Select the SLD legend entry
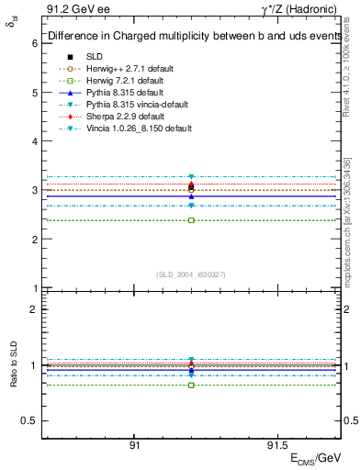point(95,57)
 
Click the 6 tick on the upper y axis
point(34,43)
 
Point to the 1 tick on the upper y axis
point(34,288)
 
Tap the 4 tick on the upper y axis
point(34,141)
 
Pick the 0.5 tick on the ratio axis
point(30,420)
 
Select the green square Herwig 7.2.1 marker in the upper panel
point(191,220)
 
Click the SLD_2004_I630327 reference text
point(191,274)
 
